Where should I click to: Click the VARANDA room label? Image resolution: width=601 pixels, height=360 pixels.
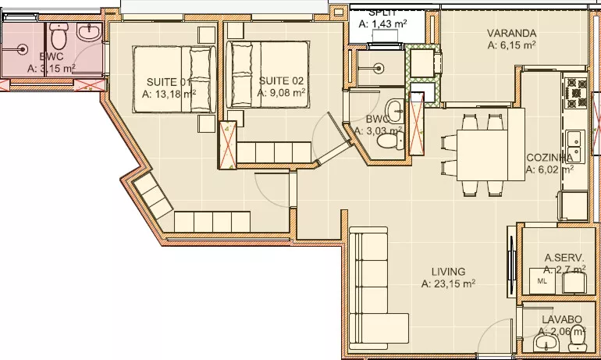(x=511, y=33)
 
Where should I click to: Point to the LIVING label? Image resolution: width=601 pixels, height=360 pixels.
(x=448, y=272)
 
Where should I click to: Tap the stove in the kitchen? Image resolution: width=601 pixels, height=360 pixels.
(x=576, y=93)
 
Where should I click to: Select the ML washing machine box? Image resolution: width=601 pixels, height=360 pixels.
(x=542, y=280)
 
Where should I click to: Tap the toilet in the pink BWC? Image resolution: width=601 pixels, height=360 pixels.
(x=59, y=35)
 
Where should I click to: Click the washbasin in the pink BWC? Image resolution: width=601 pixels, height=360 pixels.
(x=89, y=31)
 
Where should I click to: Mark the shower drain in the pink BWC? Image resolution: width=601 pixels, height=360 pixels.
(x=23, y=49)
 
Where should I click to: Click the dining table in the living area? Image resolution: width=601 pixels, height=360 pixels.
(x=482, y=155)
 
